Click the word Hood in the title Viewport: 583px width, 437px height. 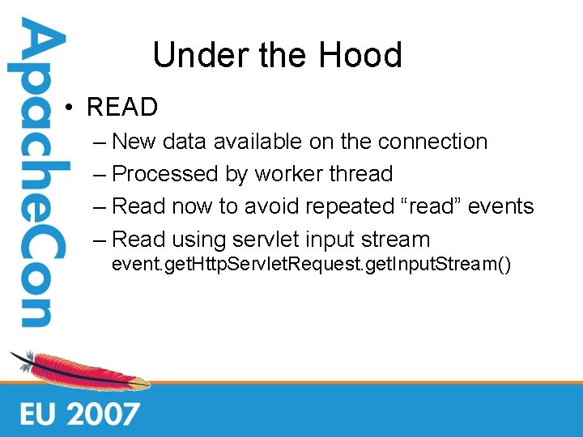pos(360,56)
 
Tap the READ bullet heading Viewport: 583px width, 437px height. pos(122,107)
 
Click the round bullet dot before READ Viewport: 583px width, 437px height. pos(71,108)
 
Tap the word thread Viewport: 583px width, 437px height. pos(362,174)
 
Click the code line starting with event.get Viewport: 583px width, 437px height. pos(311,264)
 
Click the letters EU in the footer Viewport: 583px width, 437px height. pos(39,414)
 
